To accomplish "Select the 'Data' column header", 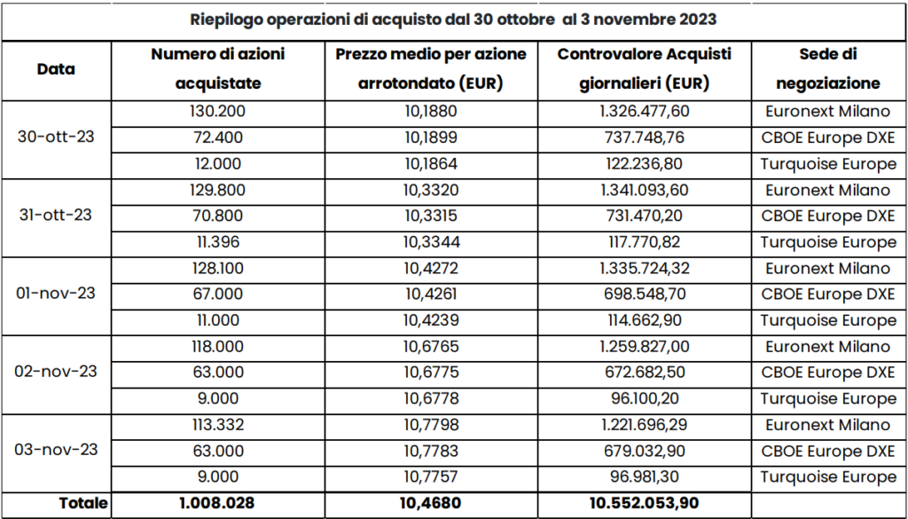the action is (56, 69).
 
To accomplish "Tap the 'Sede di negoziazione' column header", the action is (827, 69).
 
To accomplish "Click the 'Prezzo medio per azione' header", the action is (432, 55).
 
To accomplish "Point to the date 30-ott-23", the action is (56, 138).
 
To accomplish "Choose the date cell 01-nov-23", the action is (56, 294).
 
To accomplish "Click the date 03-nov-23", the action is (56, 450).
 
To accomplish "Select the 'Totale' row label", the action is (83, 503).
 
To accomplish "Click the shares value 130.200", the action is (218, 111).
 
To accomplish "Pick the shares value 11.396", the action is (218, 241).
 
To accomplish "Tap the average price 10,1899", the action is (432, 138).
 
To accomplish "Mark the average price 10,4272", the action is (432, 268).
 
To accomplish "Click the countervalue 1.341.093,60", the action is (644, 190).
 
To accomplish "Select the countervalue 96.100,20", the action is (644, 398).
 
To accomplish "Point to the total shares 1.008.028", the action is (218, 503).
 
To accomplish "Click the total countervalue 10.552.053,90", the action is (644, 503).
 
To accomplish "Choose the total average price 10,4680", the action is (432, 503).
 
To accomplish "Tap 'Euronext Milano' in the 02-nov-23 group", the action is (827, 346).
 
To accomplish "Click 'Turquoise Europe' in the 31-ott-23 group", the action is (828, 241).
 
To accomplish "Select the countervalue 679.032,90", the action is (644, 450).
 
